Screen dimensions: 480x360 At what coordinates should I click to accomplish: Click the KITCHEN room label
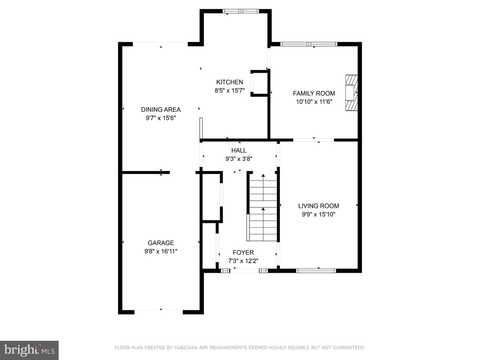229,82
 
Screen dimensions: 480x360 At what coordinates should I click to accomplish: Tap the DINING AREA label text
161,110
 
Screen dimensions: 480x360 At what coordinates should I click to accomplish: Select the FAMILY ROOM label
314,93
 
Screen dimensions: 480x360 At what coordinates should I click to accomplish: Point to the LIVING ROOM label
318,206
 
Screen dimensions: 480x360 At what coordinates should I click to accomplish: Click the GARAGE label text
161,243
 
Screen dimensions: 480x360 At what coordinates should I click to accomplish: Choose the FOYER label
243,252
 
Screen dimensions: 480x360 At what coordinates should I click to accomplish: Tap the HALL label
239,150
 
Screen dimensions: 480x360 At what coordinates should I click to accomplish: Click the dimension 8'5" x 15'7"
229,90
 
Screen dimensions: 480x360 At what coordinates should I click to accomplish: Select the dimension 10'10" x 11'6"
314,102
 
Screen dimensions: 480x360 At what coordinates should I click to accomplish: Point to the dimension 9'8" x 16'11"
161,251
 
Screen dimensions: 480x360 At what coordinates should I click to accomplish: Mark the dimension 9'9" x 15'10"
318,214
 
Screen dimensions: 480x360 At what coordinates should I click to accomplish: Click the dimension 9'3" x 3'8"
239,159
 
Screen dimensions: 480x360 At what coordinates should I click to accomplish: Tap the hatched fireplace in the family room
351,93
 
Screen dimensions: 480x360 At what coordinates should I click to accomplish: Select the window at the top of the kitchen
241,11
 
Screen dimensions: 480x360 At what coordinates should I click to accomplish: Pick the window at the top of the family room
309,44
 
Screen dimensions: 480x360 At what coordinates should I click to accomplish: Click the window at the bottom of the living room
316,271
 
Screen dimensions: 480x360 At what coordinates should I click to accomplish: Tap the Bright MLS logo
29,350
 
